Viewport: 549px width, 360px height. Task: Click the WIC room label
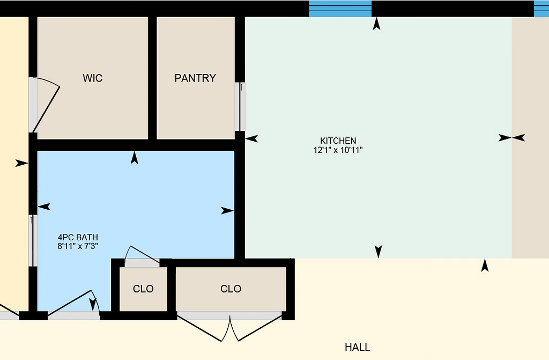pos(92,78)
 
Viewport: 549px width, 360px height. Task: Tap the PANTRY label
pos(195,78)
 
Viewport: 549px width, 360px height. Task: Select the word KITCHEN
pos(338,141)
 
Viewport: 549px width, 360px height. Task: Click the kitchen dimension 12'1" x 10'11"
pos(338,150)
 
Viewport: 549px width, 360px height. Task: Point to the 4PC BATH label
pos(78,237)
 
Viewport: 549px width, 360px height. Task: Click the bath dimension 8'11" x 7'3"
pos(78,246)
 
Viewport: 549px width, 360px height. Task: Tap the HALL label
pos(358,347)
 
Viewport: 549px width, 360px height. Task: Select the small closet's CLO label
pos(143,289)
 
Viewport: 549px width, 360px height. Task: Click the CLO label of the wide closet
pos(231,289)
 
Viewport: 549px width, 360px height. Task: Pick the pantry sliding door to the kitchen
pos(242,107)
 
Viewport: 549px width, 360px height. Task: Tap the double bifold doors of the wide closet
pos(229,328)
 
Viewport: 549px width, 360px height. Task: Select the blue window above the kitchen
pos(340,9)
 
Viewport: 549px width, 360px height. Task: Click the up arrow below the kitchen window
pos(376,24)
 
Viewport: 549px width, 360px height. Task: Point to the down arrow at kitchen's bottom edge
pos(378,252)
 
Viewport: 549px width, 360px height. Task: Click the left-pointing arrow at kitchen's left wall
pos(251,139)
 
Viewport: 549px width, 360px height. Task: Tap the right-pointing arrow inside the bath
pos(227,211)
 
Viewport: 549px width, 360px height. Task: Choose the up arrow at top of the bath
pos(135,157)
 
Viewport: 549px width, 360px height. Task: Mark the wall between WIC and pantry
pos(152,78)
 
